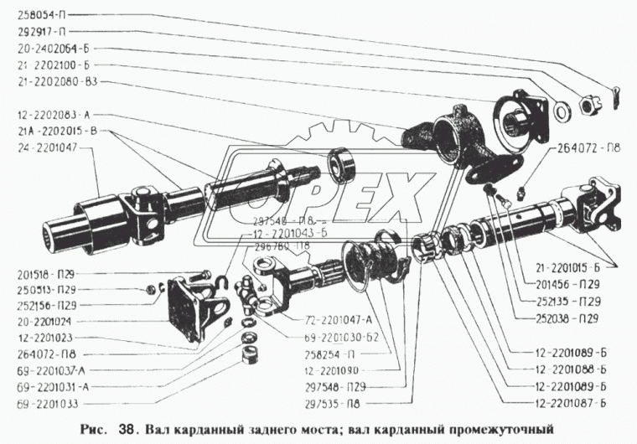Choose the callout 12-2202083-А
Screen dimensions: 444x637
[x=53, y=114]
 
